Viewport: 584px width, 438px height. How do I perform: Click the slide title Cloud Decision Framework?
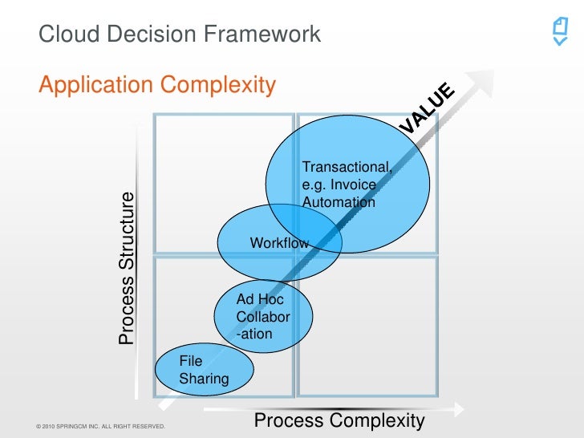coord(180,34)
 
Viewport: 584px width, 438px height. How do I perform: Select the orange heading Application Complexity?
coord(157,84)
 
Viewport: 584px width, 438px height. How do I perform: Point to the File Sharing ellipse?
coord(204,370)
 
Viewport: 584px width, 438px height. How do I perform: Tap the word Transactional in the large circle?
coord(347,167)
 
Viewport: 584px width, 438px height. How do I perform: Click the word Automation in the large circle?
coord(339,203)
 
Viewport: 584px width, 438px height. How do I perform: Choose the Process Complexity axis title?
coord(339,421)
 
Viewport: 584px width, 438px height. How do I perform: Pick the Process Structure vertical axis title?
coord(127,269)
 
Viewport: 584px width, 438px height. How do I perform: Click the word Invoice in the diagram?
coord(354,185)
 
